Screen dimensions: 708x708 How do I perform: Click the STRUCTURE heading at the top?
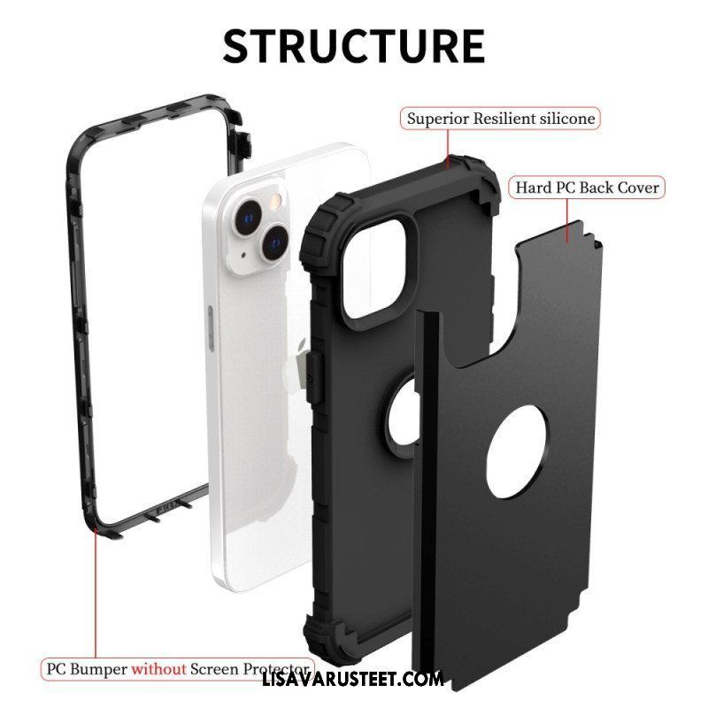tap(354, 46)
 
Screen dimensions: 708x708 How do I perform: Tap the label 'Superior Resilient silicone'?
tap(501, 119)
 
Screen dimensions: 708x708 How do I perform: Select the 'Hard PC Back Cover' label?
tap(587, 188)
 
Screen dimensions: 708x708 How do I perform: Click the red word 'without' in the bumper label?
tap(158, 669)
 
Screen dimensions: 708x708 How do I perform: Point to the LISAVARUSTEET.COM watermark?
tap(352, 680)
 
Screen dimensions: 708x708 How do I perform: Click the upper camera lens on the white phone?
tap(248, 218)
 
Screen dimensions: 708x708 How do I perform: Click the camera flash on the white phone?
tap(275, 202)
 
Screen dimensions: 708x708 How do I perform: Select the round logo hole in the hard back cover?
tap(518, 451)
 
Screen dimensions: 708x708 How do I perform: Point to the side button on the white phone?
tap(211, 328)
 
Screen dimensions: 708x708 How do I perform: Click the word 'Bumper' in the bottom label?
tap(99, 669)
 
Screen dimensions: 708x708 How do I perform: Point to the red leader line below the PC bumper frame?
tap(96, 596)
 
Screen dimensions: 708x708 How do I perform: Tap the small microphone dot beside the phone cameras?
tap(244, 255)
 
